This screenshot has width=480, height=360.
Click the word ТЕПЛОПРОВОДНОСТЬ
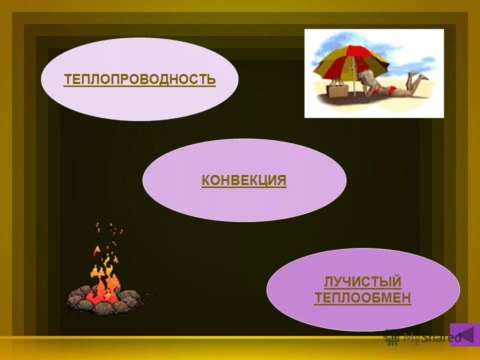[x=139, y=79]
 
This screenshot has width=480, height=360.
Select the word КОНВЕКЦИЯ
[x=244, y=180]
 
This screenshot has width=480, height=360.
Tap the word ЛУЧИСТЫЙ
[x=362, y=282]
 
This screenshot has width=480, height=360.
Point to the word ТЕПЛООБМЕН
[x=362, y=298]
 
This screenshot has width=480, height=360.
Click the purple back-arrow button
[x=464, y=334]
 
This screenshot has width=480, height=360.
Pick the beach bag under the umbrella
[x=336, y=90]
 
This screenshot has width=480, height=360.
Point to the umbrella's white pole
[x=354, y=80]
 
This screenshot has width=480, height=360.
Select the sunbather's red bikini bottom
[x=393, y=90]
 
